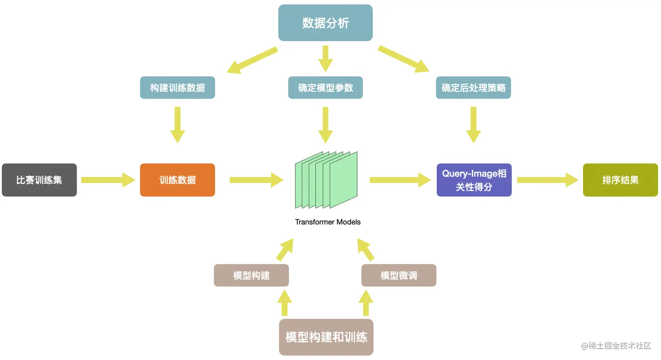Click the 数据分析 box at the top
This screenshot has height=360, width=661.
pos(325,23)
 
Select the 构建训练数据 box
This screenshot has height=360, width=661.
pos(177,88)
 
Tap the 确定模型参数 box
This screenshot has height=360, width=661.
pos(325,88)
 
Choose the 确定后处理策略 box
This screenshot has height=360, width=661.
pos(473,88)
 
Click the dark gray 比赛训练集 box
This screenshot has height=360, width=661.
pos(39,180)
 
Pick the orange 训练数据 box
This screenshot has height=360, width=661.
pos(177,180)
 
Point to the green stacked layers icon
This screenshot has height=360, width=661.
pos(326,180)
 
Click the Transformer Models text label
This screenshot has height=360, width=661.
pos(327,222)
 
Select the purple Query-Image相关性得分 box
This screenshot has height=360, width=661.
pos(474,180)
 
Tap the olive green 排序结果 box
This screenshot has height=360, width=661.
pos(620,180)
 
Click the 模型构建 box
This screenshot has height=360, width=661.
pos(251,275)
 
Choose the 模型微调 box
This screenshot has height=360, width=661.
pos(398,275)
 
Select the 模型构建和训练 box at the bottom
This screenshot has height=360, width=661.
pos(326,337)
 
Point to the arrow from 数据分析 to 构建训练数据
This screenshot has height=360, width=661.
pos(252,60)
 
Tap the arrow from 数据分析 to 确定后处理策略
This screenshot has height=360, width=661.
pos(403,59)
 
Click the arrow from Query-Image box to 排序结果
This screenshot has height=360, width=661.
pos(547,180)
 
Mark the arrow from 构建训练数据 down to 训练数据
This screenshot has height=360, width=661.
pos(177,125)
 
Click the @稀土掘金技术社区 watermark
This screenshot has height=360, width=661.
pos(616,346)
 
